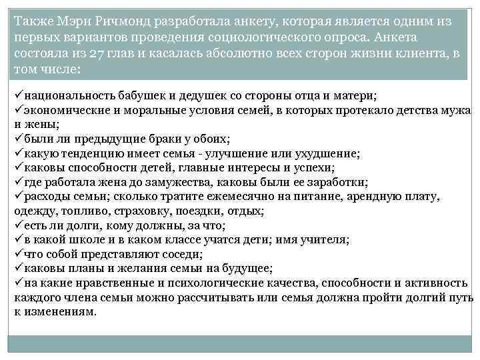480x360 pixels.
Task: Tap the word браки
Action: [165, 139]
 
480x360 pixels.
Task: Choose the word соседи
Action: [183, 254]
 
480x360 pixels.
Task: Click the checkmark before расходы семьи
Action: [18, 196]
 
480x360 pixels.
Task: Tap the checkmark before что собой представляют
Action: [18, 254]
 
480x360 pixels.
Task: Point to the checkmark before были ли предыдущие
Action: [18, 139]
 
